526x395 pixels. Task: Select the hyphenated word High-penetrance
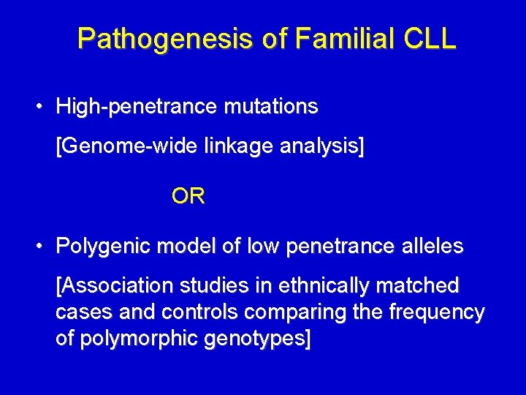[137, 107]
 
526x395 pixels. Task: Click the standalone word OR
[188, 196]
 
